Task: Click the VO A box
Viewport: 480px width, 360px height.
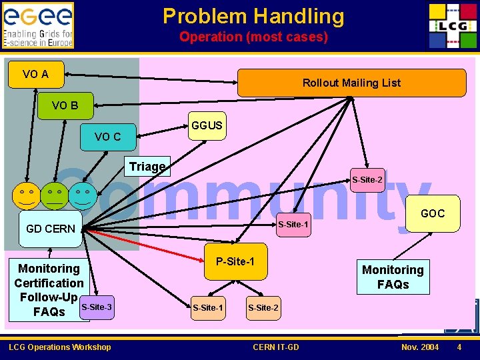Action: [x=35, y=74]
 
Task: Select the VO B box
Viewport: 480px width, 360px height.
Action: [x=65, y=105]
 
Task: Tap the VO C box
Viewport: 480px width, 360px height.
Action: [x=108, y=137]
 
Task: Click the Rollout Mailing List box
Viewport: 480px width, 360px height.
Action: [x=351, y=83]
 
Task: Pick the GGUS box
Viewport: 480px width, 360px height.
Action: [x=207, y=126]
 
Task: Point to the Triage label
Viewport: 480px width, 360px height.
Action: [x=148, y=167]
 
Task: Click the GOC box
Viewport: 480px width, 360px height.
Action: [x=432, y=213]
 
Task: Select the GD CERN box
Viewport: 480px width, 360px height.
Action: [x=51, y=229]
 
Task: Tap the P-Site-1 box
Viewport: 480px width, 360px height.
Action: [x=235, y=261]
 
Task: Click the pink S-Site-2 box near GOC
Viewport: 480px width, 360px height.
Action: [x=367, y=180]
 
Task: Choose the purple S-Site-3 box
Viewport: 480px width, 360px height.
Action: [x=96, y=307]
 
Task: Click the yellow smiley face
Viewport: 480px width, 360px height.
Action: [x=26, y=194]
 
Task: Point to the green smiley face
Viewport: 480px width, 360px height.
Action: [x=54, y=194]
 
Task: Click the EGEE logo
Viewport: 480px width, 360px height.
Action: [x=38, y=25]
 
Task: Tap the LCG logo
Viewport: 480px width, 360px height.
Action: [x=451, y=25]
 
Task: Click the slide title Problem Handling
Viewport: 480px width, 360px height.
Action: [x=253, y=16]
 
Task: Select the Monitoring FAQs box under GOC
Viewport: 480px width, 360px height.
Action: [x=393, y=277]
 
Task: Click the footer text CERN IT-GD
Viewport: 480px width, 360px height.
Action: [x=276, y=347]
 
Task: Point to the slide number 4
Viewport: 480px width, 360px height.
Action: [x=459, y=347]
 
